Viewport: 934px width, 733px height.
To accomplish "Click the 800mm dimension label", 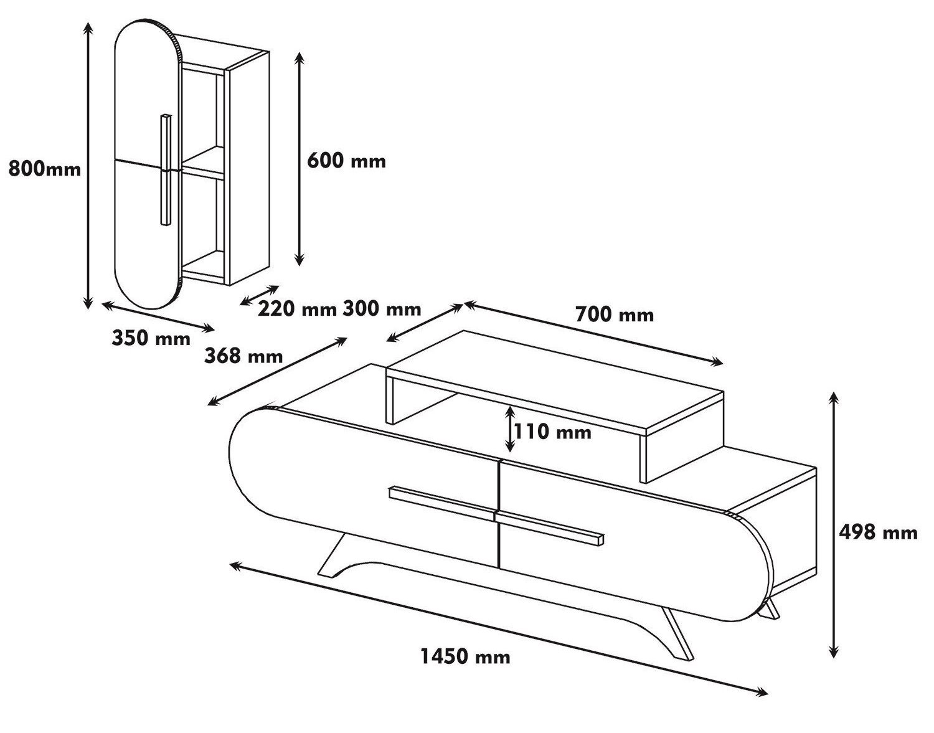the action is pyautogui.click(x=45, y=169).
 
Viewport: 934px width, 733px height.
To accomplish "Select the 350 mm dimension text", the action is pyautogui.click(x=151, y=338).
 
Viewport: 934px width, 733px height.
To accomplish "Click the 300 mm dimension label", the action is pyautogui.click(x=382, y=308).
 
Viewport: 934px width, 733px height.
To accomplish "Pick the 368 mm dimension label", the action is pyautogui.click(x=243, y=356).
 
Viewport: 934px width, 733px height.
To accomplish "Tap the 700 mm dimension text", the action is pyautogui.click(x=615, y=314).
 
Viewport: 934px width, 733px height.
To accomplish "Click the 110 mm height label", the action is pyautogui.click(x=553, y=431).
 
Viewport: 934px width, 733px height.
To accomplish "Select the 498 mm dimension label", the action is pyautogui.click(x=878, y=532).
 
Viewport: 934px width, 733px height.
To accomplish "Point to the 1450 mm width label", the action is pyautogui.click(x=466, y=656).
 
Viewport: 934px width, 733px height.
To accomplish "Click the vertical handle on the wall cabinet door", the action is pyautogui.click(x=165, y=169).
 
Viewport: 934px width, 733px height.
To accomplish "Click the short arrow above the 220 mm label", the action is pyautogui.click(x=260, y=295).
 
